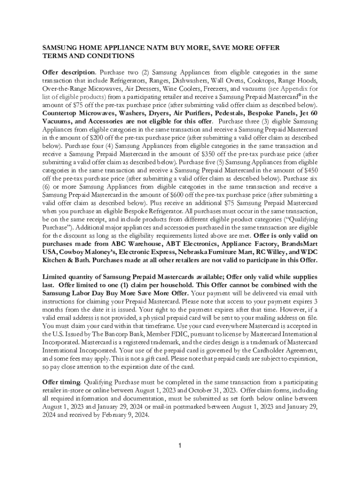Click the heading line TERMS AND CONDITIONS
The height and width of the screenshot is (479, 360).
pyautogui.click(x=88, y=56)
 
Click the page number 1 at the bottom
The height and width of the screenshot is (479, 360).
pyautogui.click(x=180, y=445)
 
